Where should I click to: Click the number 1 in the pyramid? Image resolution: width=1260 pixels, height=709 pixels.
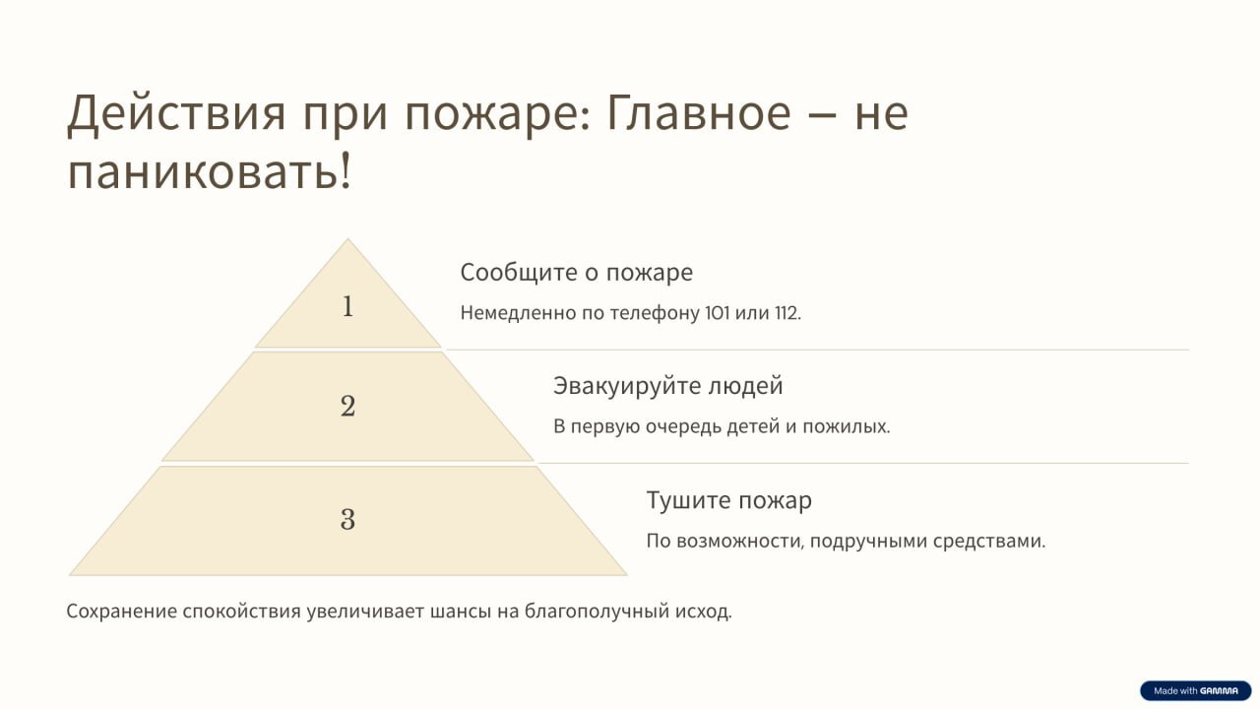[348, 306]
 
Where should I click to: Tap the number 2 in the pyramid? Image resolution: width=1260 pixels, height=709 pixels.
[348, 406]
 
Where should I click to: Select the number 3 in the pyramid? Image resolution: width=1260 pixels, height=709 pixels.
[348, 519]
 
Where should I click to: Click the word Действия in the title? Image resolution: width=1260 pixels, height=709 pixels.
[176, 113]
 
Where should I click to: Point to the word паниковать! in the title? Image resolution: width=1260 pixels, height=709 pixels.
[210, 171]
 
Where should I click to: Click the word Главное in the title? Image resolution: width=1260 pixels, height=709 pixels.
[699, 112]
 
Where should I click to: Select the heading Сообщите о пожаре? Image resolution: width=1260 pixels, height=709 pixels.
[577, 273]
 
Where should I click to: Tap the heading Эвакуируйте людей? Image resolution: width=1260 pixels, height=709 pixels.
[668, 387]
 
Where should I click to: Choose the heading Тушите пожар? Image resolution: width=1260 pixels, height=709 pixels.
[729, 500]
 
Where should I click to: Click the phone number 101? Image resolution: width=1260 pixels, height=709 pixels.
[718, 313]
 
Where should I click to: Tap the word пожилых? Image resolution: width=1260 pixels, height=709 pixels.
[846, 427]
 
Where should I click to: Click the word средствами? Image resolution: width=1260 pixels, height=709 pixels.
[989, 542]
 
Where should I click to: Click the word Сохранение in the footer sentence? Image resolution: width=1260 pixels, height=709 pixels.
[121, 612]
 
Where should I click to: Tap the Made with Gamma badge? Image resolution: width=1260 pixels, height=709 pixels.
[1195, 691]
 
